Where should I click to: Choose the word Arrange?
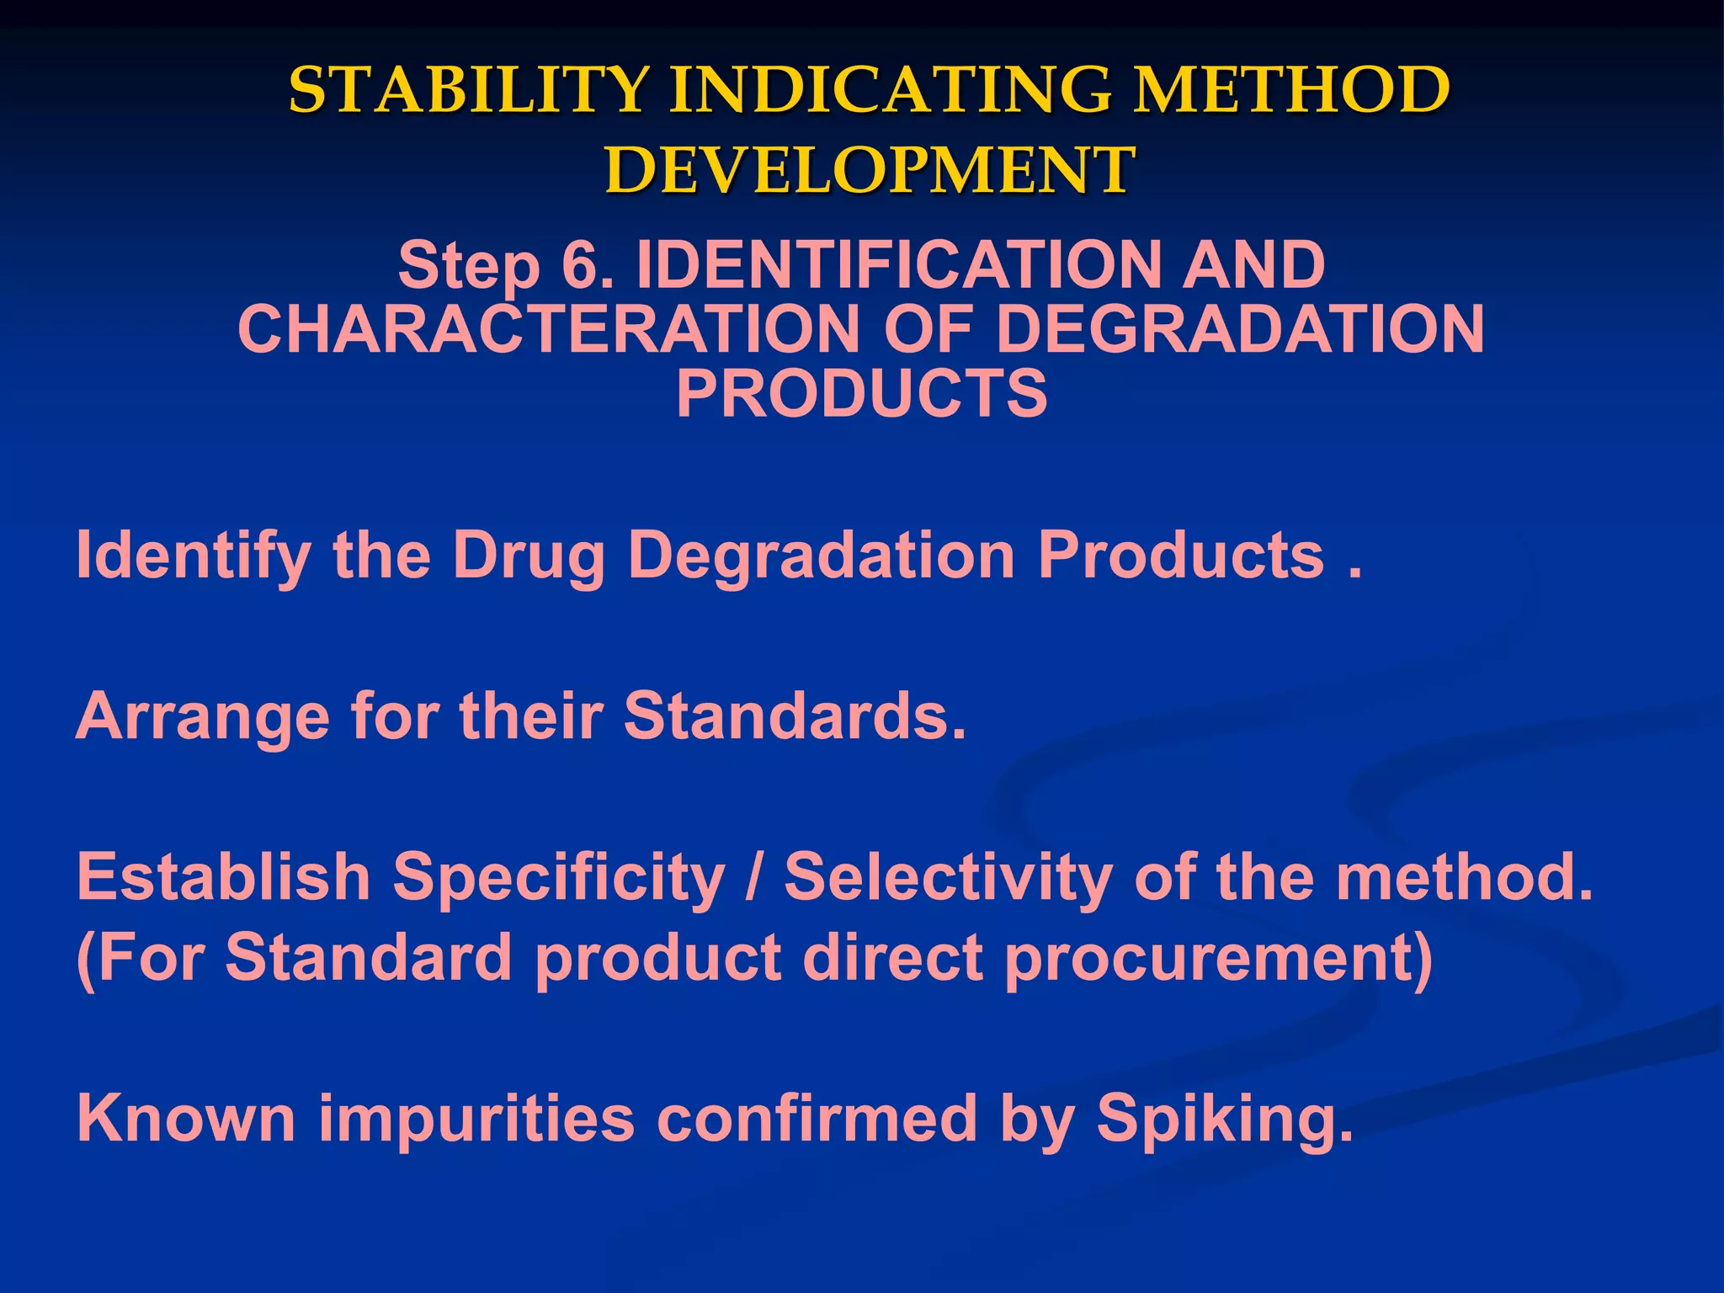(202, 716)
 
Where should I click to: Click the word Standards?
(795, 716)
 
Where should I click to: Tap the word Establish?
(224, 876)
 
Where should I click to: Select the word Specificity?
(559, 876)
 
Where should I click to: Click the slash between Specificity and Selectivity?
(754, 876)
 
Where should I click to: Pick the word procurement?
(1218, 958)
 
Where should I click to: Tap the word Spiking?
(1225, 1120)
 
